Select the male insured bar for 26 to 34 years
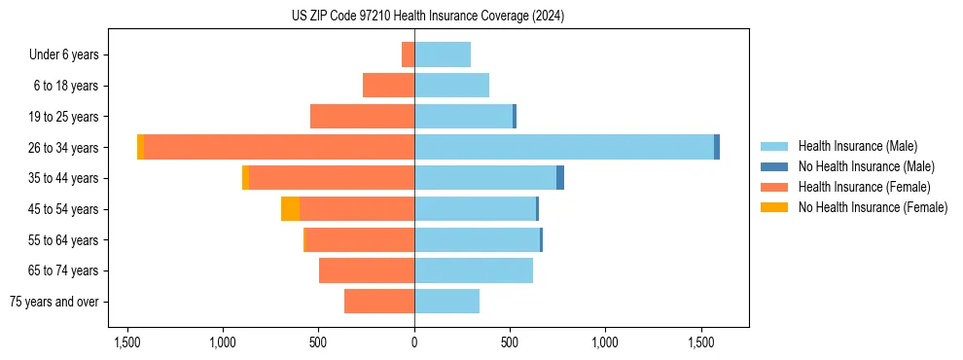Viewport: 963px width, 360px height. [x=564, y=147]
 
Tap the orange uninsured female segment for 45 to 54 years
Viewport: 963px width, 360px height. [x=290, y=209]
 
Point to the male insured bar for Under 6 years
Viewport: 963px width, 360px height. [x=443, y=54]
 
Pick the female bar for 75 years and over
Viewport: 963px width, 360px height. [x=379, y=302]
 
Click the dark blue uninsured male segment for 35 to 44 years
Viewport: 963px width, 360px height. [x=560, y=178]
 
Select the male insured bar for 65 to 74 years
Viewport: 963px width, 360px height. [x=474, y=270]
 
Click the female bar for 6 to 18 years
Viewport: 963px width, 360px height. [x=388, y=86]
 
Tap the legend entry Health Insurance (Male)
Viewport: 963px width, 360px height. [x=857, y=146]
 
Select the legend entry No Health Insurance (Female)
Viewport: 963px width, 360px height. [x=873, y=207]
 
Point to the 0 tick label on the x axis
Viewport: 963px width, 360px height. [x=414, y=342]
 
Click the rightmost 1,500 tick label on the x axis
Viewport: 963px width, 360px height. [x=701, y=342]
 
